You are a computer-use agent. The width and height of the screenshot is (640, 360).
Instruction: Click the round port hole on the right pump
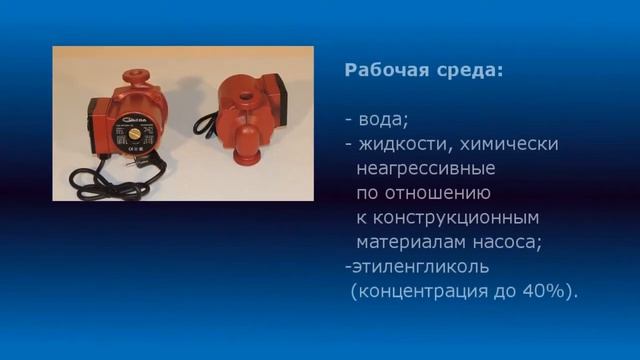240,104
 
